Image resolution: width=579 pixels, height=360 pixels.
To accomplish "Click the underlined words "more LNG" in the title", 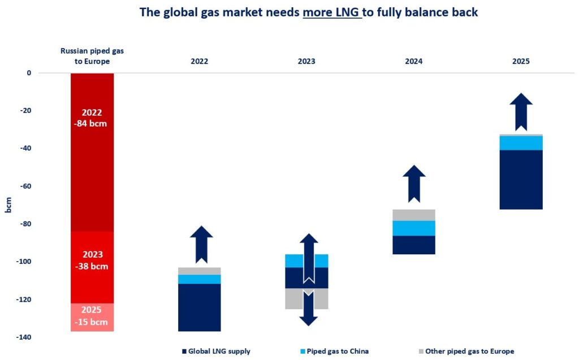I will coord(331,12).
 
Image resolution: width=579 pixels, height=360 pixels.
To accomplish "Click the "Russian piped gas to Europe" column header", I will coord(92,56).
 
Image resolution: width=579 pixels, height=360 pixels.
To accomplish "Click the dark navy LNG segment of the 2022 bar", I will coord(199,307).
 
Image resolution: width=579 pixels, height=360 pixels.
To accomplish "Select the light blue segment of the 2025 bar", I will coord(521,143).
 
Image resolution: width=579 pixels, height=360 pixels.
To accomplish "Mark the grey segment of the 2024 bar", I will coord(414,215).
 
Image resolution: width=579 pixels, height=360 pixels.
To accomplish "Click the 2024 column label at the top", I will coord(414,61).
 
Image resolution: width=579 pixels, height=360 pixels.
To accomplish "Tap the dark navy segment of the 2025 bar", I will coord(521,180).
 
